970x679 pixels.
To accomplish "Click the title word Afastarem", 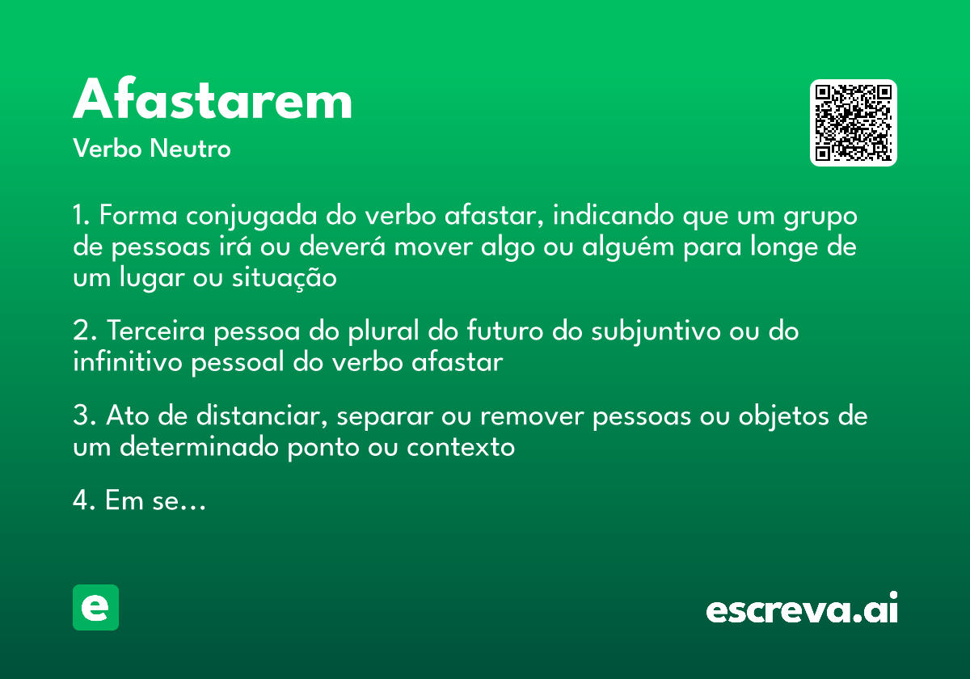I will [213, 101].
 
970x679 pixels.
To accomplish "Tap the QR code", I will [854, 123].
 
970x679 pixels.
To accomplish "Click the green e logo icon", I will [95, 607].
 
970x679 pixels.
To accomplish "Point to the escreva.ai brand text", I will [802, 609].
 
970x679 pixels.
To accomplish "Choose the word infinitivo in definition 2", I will [128, 362].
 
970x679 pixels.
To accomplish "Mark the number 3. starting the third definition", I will [84, 416].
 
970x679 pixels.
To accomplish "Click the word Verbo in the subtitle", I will [108, 149].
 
